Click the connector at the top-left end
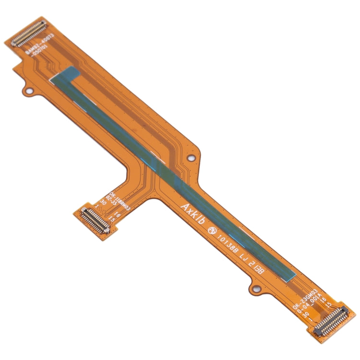pos(29,34)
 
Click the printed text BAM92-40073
pos(39,47)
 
